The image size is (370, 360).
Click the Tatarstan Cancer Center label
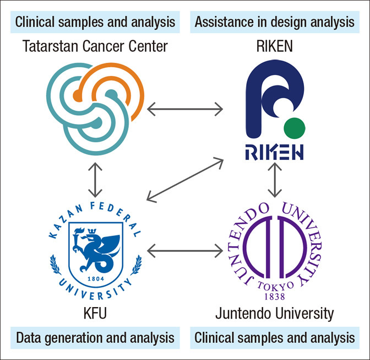click(95, 47)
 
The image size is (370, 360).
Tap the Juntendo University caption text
click(274, 314)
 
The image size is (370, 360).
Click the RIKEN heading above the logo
click(274, 47)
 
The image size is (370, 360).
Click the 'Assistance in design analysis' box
click(274, 22)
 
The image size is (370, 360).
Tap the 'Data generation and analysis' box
click(95, 337)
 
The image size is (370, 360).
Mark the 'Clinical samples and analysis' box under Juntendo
click(274, 337)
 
